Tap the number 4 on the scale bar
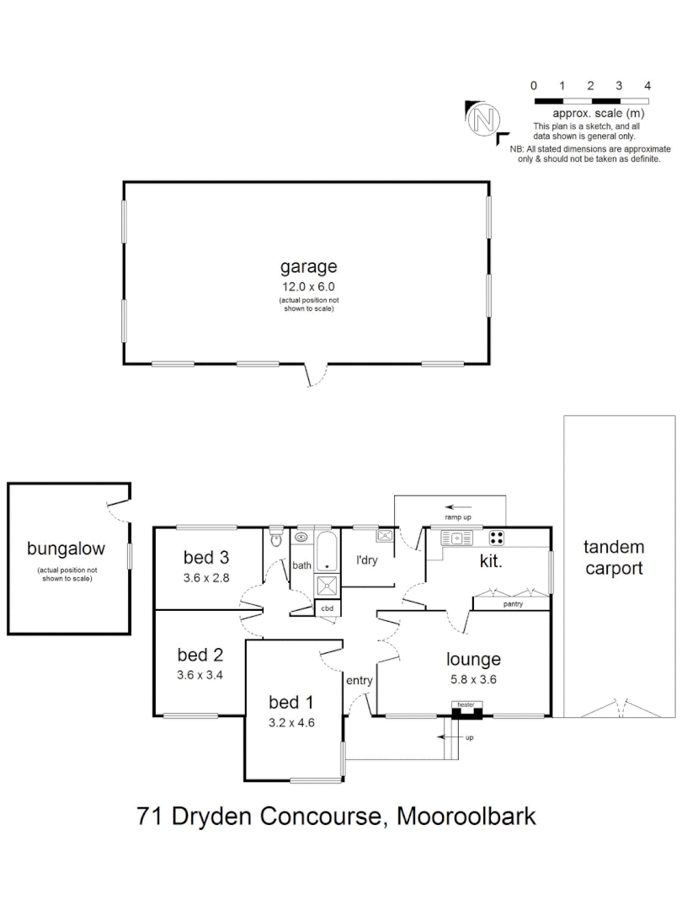pyautogui.click(x=647, y=86)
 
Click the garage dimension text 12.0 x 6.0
pyautogui.click(x=308, y=286)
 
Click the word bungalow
pyautogui.click(x=67, y=549)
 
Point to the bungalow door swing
pyautogui.click(x=119, y=509)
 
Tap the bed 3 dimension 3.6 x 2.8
pyautogui.click(x=207, y=578)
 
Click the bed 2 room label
pyautogui.click(x=200, y=655)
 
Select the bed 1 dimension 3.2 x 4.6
pyautogui.click(x=291, y=721)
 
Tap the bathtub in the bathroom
pyautogui.click(x=325, y=549)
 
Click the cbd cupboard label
pyautogui.click(x=326, y=608)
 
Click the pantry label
pyautogui.click(x=513, y=604)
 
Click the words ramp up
pyautogui.click(x=459, y=516)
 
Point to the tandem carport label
pyautogui.click(x=614, y=557)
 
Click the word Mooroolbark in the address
pyautogui.click(x=466, y=816)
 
